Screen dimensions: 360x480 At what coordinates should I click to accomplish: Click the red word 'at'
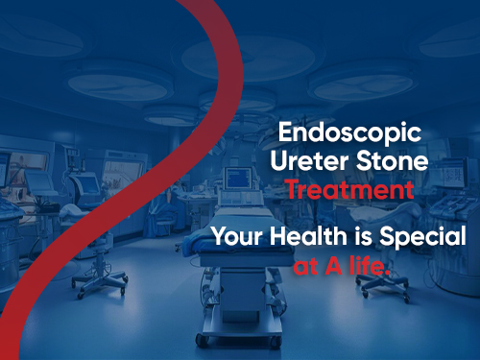306,264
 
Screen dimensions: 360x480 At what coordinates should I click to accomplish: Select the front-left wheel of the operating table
200,338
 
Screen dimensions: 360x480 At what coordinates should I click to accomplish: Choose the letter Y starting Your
218,237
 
